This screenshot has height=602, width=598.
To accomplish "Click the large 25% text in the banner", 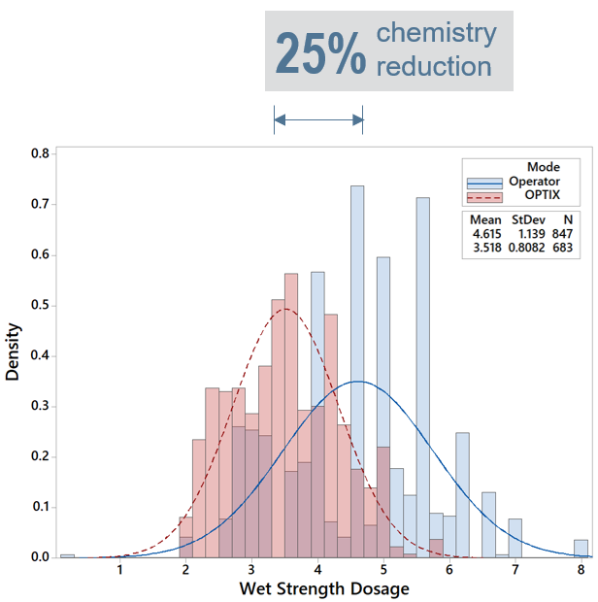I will [x=320, y=54].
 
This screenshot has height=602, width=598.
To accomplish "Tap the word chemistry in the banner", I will [x=436, y=34].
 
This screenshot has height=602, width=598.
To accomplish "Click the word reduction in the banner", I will [x=433, y=67].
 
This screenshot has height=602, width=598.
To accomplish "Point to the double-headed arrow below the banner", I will [x=318, y=119].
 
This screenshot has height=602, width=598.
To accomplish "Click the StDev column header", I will [x=530, y=220].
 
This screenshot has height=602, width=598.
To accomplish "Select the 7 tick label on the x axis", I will [x=515, y=569].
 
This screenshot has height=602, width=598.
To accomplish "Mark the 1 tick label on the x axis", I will [x=120, y=569].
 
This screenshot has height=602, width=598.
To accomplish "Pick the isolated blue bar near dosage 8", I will [x=581, y=549].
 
